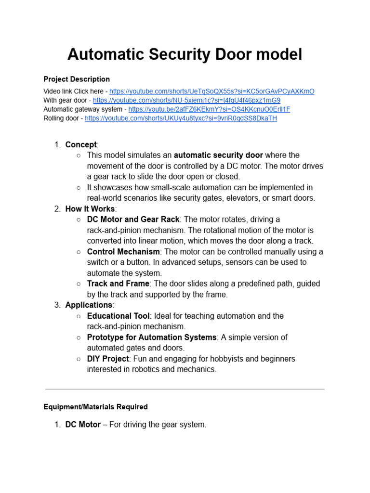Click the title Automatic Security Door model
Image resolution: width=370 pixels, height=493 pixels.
[x=185, y=54]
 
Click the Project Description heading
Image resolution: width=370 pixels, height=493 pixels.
[x=77, y=79]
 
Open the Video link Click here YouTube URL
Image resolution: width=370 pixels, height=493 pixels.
[x=211, y=91]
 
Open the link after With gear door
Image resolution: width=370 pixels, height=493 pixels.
[x=186, y=100]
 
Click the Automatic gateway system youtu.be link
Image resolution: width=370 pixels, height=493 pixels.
[x=209, y=109]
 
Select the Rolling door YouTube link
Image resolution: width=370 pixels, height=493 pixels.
[x=181, y=118]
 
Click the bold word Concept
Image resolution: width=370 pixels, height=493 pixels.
[x=81, y=144]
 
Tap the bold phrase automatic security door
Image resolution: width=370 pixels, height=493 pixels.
[x=218, y=155]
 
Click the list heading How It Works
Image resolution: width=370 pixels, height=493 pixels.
[x=90, y=209]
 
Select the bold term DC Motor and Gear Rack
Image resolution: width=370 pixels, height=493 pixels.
[x=133, y=220]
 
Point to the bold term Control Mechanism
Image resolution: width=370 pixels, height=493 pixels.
[x=123, y=252]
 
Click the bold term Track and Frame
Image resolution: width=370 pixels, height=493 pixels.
[x=118, y=284]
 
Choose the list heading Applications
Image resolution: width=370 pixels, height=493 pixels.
[x=89, y=305]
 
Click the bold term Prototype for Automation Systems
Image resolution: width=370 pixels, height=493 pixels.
[x=152, y=337]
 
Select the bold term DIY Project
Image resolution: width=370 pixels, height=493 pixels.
[x=108, y=359]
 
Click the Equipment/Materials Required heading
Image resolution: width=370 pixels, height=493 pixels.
[x=95, y=407]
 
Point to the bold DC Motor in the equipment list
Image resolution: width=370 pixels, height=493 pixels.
[x=83, y=425]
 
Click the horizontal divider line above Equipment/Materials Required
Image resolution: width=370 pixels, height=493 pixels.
[x=185, y=389]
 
